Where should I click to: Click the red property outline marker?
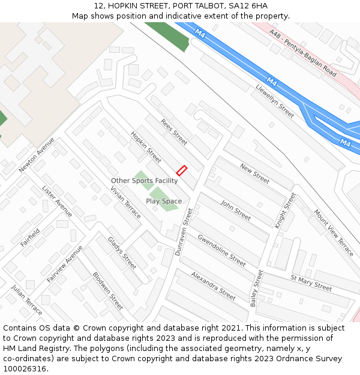182,171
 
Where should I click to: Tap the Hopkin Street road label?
146,147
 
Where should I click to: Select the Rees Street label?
174,131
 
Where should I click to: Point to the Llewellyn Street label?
275,101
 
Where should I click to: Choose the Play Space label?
164,201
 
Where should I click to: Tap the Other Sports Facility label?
144,181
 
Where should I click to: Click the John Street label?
235,210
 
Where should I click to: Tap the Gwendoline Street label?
222,250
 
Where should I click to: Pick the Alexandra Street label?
213,285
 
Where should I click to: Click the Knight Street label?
285,210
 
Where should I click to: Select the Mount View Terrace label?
334,232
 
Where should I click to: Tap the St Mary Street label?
311,283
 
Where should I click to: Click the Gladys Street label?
122,252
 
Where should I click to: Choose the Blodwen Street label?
107,291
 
